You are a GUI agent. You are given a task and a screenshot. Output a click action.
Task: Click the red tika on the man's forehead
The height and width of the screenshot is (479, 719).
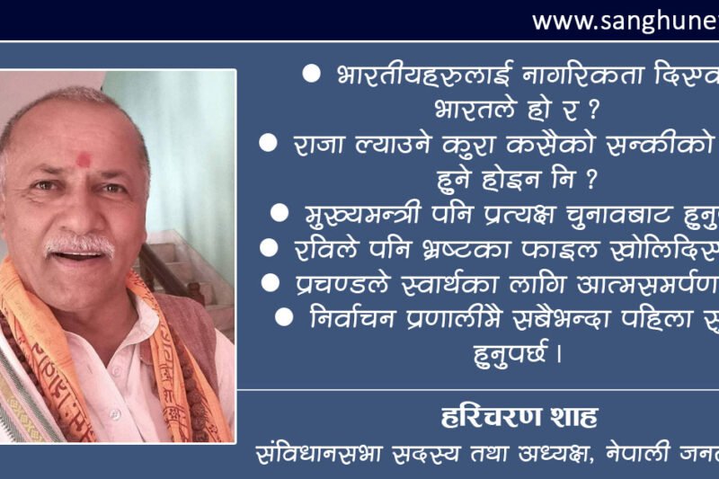[x=84, y=160]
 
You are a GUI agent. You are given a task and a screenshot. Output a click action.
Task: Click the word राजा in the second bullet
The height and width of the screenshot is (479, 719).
[x=315, y=144]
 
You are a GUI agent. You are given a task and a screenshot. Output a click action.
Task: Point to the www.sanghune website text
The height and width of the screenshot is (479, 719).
[x=625, y=21]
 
